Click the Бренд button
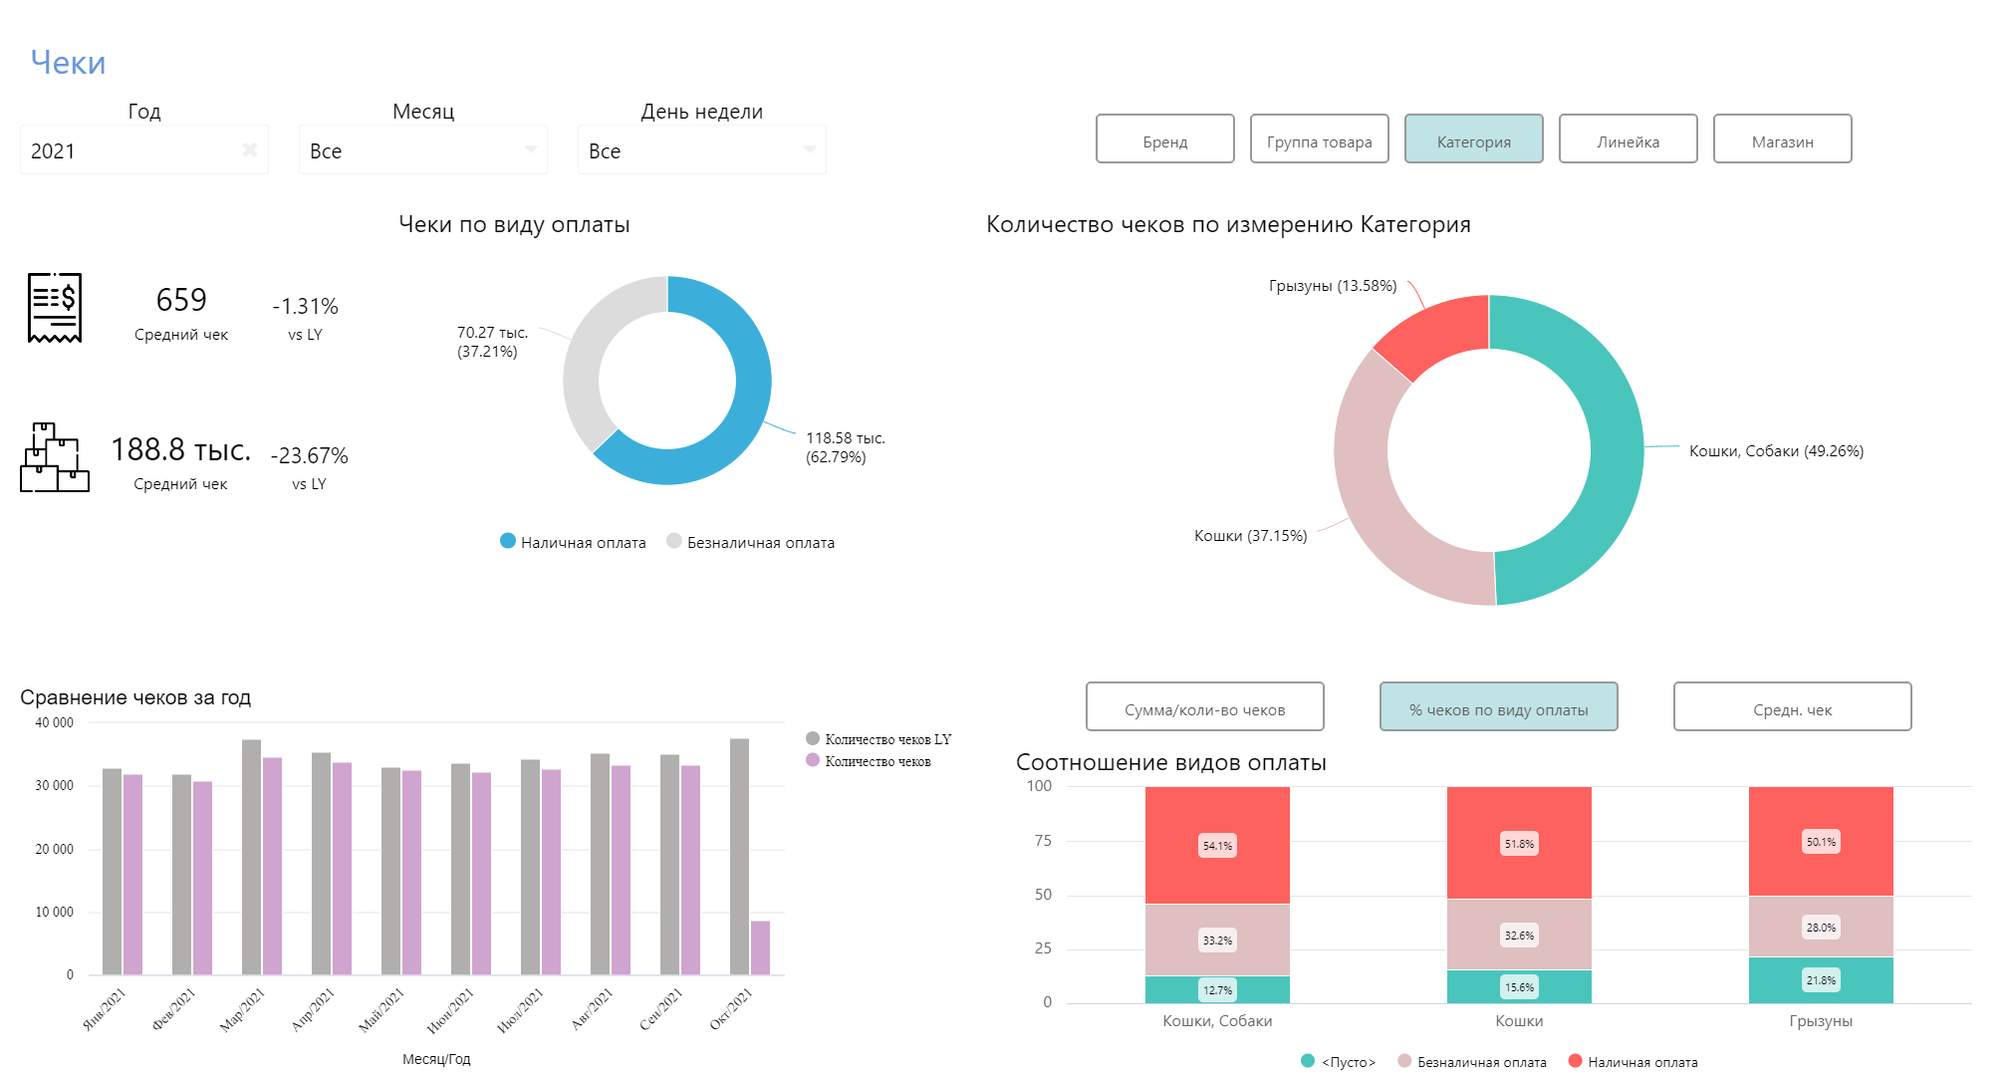pyautogui.click(x=1164, y=139)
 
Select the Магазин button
pyautogui.click(x=1782, y=139)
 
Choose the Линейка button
pyautogui.click(x=1628, y=139)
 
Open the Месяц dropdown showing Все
pyautogui.click(x=422, y=150)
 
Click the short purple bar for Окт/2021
pyautogui.click(x=760, y=947)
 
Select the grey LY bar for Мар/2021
pyautogui.click(x=251, y=857)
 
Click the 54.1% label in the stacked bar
pyautogui.click(x=1217, y=846)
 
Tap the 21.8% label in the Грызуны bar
pyautogui.click(x=1821, y=980)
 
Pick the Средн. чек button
pyautogui.click(x=1792, y=707)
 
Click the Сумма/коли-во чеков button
pyautogui.click(x=1204, y=707)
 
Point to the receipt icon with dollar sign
pyautogui.click(x=55, y=307)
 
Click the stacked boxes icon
pyautogui.click(x=55, y=457)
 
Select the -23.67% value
pyautogui.click(x=310, y=456)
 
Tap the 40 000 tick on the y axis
pyautogui.click(x=55, y=723)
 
